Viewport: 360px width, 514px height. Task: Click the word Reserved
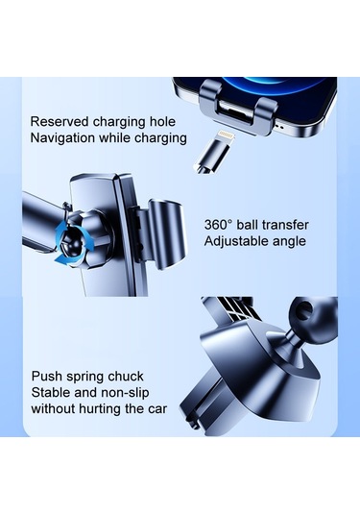tap(60, 122)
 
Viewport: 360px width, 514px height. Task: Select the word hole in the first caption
tap(162, 122)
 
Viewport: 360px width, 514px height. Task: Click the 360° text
tap(218, 225)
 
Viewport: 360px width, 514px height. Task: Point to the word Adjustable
tap(232, 241)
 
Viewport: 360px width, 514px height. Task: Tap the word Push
tap(47, 376)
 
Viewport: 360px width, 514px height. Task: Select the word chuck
tap(126, 377)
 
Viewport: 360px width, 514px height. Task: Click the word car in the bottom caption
tap(156, 409)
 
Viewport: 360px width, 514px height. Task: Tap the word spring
tap(85, 377)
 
